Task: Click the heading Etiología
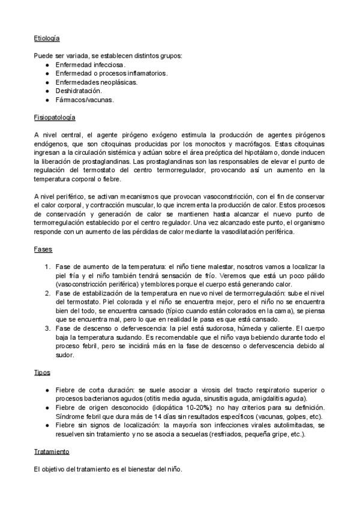47,38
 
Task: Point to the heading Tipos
43,373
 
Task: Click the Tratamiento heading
52,451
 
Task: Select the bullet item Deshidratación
79,90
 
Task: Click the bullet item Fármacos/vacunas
84,99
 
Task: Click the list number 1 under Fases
48,266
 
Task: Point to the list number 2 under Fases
48,292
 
